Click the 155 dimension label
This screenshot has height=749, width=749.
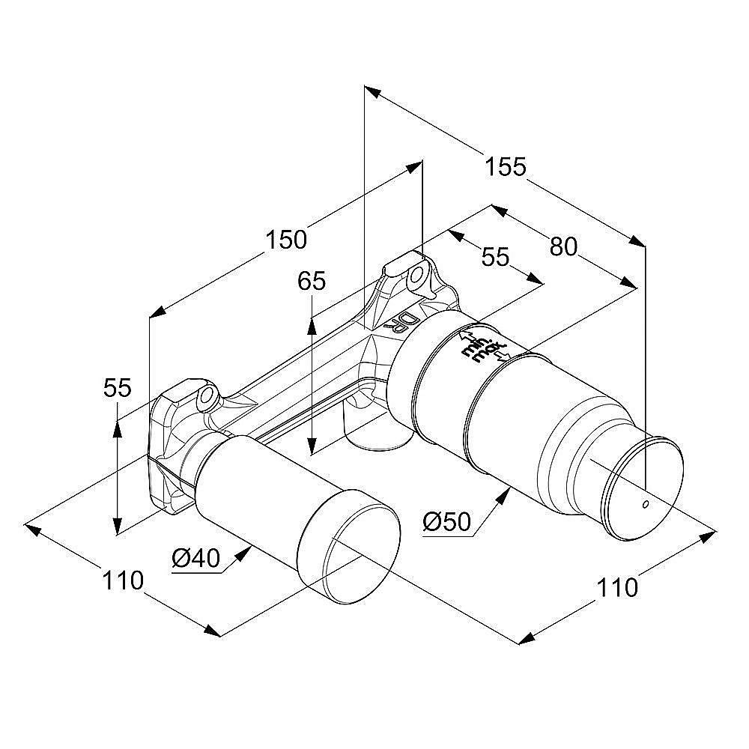(506, 167)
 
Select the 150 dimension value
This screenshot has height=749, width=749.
(287, 240)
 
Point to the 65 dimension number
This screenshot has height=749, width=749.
(312, 281)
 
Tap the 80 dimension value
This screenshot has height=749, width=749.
(563, 246)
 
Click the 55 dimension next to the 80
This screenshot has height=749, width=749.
(495, 257)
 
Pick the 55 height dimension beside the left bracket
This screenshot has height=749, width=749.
(117, 388)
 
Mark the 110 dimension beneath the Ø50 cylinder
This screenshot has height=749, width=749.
(617, 586)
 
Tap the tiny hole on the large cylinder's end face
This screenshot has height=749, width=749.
(643, 504)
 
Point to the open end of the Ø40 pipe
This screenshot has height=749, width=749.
(348, 548)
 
